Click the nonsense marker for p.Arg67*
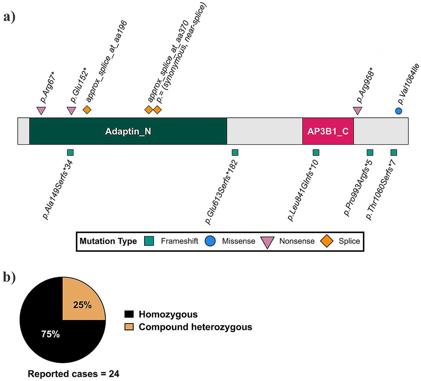pyautogui.click(x=41, y=110)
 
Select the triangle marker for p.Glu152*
pyautogui.click(x=71, y=110)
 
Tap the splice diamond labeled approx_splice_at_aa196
pyautogui.click(x=87, y=110)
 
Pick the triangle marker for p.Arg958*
pyautogui.click(x=357, y=110)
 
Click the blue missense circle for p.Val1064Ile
pyautogui.click(x=399, y=111)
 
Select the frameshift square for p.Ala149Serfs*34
pyautogui.click(x=70, y=152)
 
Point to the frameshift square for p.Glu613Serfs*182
pyautogui.click(x=235, y=152)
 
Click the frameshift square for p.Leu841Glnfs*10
pyautogui.click(x=316, y=152)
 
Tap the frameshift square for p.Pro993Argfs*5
pyautogui.click(x=370, y=152)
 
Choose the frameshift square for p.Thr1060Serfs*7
pyautogui.click(x=394, y=152)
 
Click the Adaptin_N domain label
pyautogui.click(x=128, y=131)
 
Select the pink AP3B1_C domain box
pyautogui.click(x=328, y=131)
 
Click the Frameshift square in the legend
pyautogui.click(x=149, y=241)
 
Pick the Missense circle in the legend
pyautogui.click(x=210, y=241)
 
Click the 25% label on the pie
pyautogui.click(x=82, y=305)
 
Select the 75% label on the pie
pyautogui.click(x=50, y=334)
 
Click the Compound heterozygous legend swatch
pyautogui.click(x=129, y=327)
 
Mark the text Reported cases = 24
pyautogui.click(x=74, y=374)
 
